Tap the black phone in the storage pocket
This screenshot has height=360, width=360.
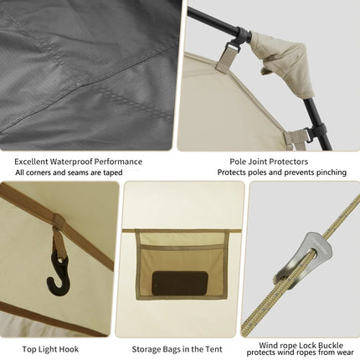[180, 283]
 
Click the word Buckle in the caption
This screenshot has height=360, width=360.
[330, 346]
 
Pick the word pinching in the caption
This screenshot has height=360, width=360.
[332, 172]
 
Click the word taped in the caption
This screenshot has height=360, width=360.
[112, 172]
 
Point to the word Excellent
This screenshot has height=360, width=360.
[31, 162]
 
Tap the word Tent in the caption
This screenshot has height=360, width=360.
[214, 349]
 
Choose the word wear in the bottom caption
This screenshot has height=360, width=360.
[346, 352]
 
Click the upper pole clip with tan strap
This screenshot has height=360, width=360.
[228, 54]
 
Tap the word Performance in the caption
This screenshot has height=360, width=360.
[118, 162]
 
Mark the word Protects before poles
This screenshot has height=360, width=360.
[230, 172]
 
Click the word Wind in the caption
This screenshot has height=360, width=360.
[268, 346]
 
